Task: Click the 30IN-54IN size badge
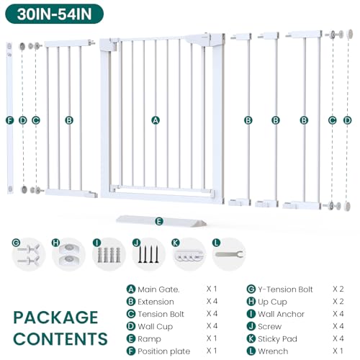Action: click(x=54, y=14)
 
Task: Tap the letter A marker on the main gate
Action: click(x=156, y=120)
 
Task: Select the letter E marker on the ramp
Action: click(x=159, y=221)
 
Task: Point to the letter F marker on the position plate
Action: click(x=9, y=120)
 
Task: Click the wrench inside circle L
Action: click(x=229, y=254)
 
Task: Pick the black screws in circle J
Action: click(x=148, y=254)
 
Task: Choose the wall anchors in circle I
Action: click(x=109, y=255)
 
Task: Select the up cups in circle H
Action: click(x=69, y=253)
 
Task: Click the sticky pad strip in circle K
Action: click(x=189, y=256)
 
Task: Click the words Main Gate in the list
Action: click(x=158, y=289)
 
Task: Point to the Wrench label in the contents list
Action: click(x=273, y=351)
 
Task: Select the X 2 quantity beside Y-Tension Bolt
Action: click(x=338, y=289)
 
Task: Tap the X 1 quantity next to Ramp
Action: click(x=212, y=338)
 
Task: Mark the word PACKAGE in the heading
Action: click(x=55, y=318)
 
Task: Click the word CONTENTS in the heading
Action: click(x=60, y=339)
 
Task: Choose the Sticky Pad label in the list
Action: click(x=277, y=339)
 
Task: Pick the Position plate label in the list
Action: click(x=164, y=351)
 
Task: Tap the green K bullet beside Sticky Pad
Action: click(x=251, y=338)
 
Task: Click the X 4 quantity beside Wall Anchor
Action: click(x=338, y=314)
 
